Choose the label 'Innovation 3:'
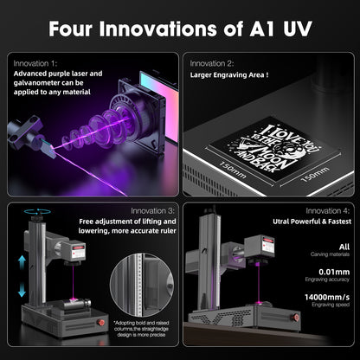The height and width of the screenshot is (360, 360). (x=153, y=210)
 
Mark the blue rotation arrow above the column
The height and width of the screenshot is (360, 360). (x=36, y=212)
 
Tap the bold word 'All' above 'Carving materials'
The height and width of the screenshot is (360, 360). (x=344, y=247)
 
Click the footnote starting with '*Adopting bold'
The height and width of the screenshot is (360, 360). (x=141, y=333)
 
